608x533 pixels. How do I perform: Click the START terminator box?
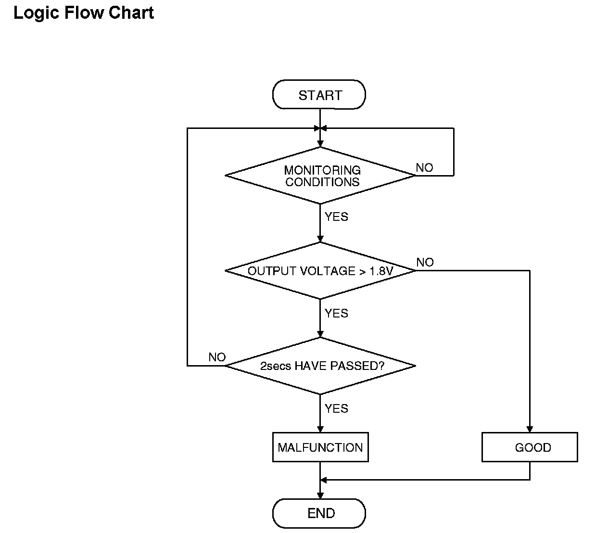click(x=319, y=95)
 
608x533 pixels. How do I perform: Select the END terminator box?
click(x=319, y=513)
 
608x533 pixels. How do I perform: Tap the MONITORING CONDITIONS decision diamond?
click(x=320, y=176)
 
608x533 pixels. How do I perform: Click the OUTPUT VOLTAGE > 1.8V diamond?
click(x=320, y=271)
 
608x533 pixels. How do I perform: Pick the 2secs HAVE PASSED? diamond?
click(x=320, y=366)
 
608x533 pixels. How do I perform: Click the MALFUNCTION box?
click(x=320, y=447)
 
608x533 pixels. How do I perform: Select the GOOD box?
click(x=530, y=447)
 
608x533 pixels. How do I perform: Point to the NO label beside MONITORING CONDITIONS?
click(x=424, y=168)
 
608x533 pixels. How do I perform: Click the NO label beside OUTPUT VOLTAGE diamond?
click(x=425, y=263)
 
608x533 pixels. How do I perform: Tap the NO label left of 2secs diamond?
click(x=217, y=357)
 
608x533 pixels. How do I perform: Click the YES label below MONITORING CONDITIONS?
click(x=336, y=216)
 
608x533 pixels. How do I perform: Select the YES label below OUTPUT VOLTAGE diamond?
click(x=336, y=313)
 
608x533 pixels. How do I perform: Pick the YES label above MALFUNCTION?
click(x=336, y=408)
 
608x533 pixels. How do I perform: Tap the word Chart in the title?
click(x=131, y=13)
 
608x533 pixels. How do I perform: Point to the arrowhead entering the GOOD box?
click(x=530, y=429)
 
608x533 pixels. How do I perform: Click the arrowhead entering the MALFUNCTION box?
click(x=320, y=429)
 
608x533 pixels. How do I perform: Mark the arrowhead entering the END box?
click(x=320, y=495)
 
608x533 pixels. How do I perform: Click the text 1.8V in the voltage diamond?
click(x=381, y=271)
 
